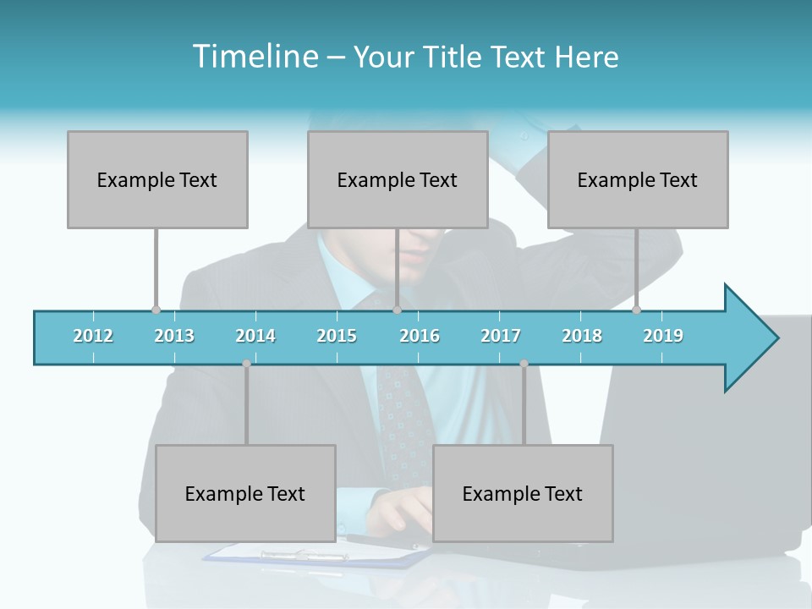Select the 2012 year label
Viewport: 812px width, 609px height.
93,336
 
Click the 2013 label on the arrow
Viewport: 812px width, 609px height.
174,336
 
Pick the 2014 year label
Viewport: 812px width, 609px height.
255,336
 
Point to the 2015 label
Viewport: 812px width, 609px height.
337,336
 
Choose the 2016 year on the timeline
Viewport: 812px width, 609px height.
420,336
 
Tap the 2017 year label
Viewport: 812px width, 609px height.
501,336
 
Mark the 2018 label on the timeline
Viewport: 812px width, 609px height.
582,336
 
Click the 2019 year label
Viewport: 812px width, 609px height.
663,336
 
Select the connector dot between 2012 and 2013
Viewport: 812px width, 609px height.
156,310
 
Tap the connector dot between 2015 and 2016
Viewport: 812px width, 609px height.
397,310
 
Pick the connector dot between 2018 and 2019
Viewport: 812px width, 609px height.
637,310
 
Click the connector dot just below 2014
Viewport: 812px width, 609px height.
246,364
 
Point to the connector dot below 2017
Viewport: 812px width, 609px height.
524,364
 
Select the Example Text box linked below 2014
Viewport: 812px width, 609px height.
245,493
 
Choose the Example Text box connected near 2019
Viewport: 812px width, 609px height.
638,179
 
